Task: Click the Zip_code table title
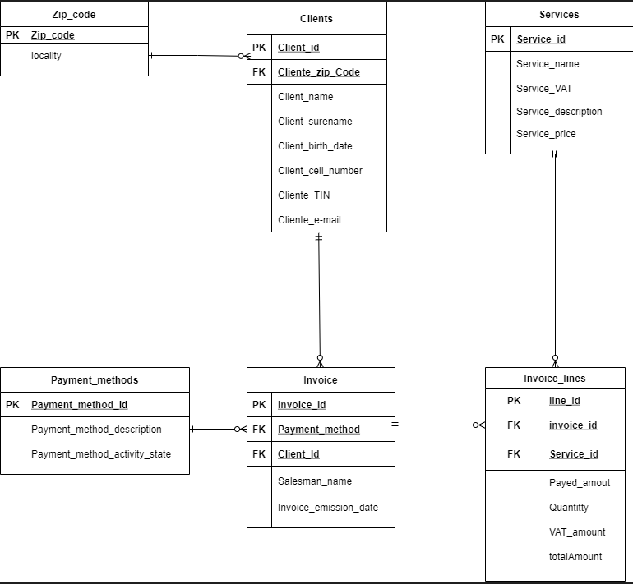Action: (74, 15)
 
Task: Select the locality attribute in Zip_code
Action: (46, 56)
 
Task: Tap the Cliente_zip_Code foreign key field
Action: (318, 72)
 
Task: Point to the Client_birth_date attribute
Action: (315, 146)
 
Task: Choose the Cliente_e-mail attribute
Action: (309, 220)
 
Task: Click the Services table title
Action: (559, 15)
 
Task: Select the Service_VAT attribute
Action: (544, 89)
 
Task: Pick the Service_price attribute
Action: (546, 134)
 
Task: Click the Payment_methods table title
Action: (95, 380)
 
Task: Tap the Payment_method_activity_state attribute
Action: (101, 454)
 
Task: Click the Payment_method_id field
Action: (79, 405)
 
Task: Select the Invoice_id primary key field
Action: (302, 405)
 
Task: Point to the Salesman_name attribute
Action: (316, 481)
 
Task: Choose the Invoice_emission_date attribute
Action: (328, 508)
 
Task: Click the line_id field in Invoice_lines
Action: (565, 401)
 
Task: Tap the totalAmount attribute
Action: (575, 557)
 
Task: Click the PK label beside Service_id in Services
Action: (498, 39)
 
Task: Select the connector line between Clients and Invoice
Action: (319, 296)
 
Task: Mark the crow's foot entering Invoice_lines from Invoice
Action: (478, 425)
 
